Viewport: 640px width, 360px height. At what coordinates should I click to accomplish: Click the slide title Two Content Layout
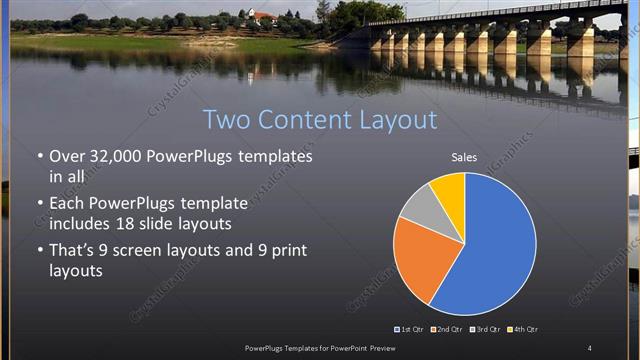click(320, 120)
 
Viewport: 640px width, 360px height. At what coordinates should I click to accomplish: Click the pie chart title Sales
click(464, 157)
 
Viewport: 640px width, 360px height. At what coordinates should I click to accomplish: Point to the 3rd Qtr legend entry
click(488, 329)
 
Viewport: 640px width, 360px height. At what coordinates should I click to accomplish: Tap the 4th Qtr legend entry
click(526, 329)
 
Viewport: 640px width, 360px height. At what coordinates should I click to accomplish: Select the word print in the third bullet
click(289, 250)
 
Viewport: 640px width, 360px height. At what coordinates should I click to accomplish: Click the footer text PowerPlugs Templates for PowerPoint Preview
click(320, 347)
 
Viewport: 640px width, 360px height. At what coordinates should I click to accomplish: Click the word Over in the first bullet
click(67, 157)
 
